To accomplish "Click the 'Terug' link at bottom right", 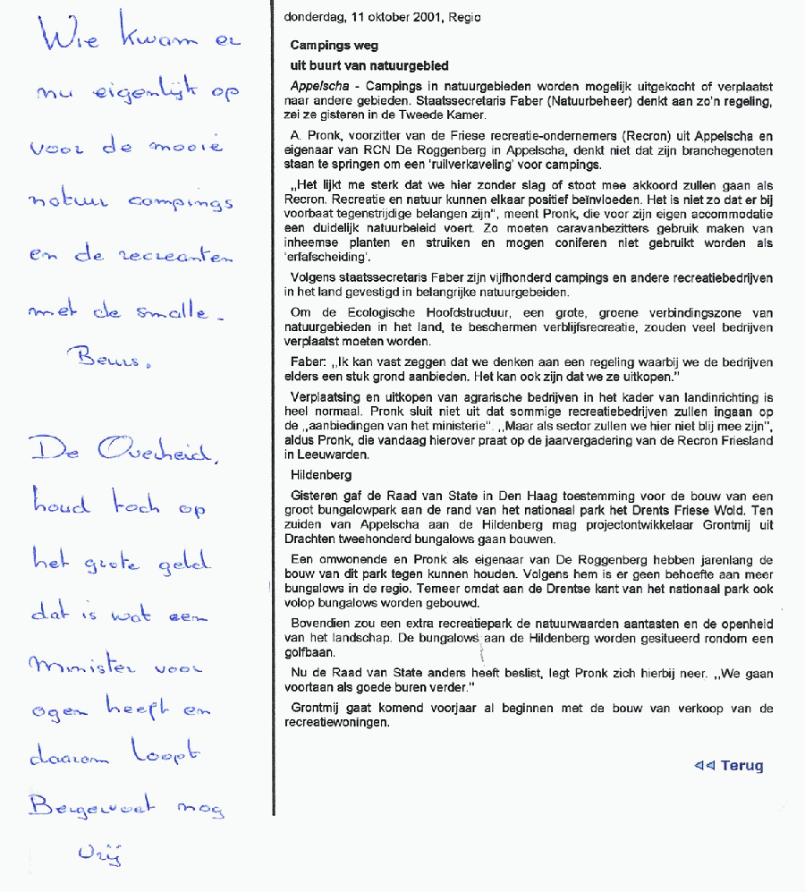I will [741, 765].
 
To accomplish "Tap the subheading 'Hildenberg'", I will [321, 475].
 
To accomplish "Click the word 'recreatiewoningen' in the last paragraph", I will [341, 723].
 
